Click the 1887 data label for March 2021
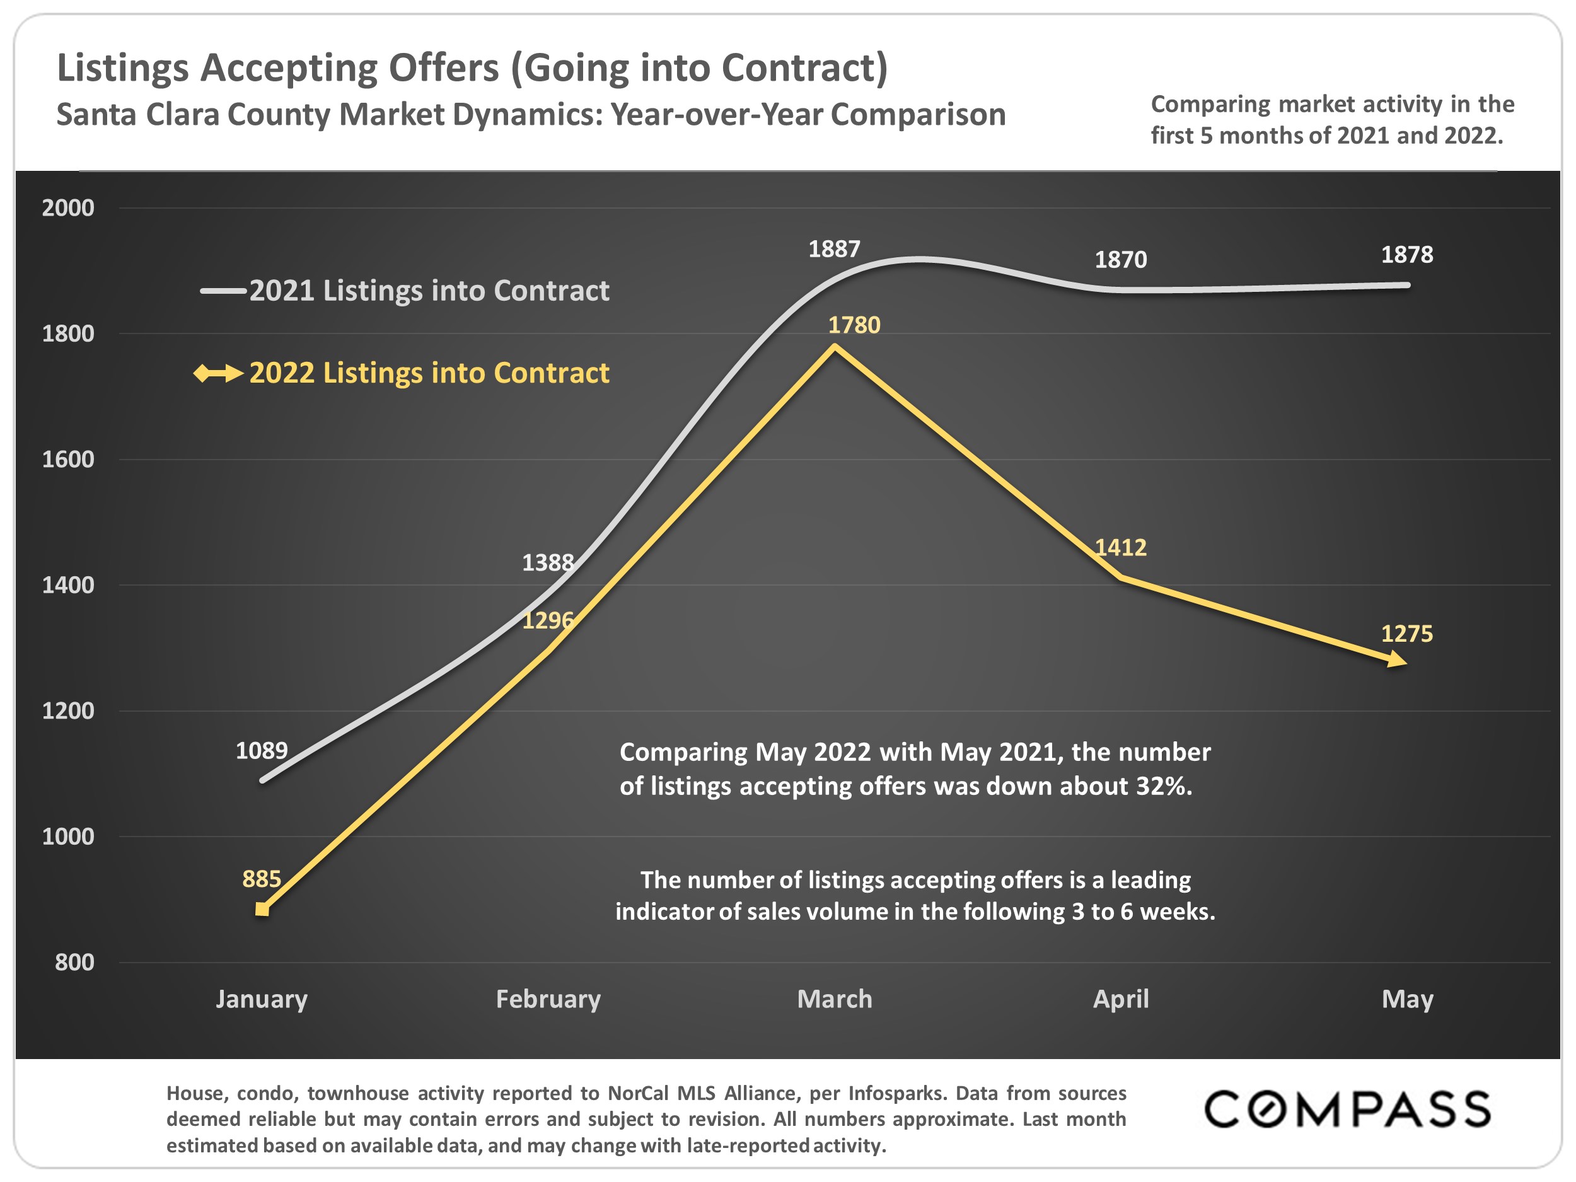point(833,250)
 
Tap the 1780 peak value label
point(854,326)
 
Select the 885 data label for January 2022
point(262,879)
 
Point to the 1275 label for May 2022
point(1406,634)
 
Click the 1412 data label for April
point(1120,548)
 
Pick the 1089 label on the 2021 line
point(262,751)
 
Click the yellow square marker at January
point(262,910)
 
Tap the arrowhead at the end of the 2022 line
point(1397,661)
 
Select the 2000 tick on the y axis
point(67,208)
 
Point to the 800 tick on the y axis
point(74,963)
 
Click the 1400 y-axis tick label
point(67,586)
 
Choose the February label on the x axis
point(548,999)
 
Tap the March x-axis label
point(834,999)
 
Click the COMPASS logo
point(1347,1110)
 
